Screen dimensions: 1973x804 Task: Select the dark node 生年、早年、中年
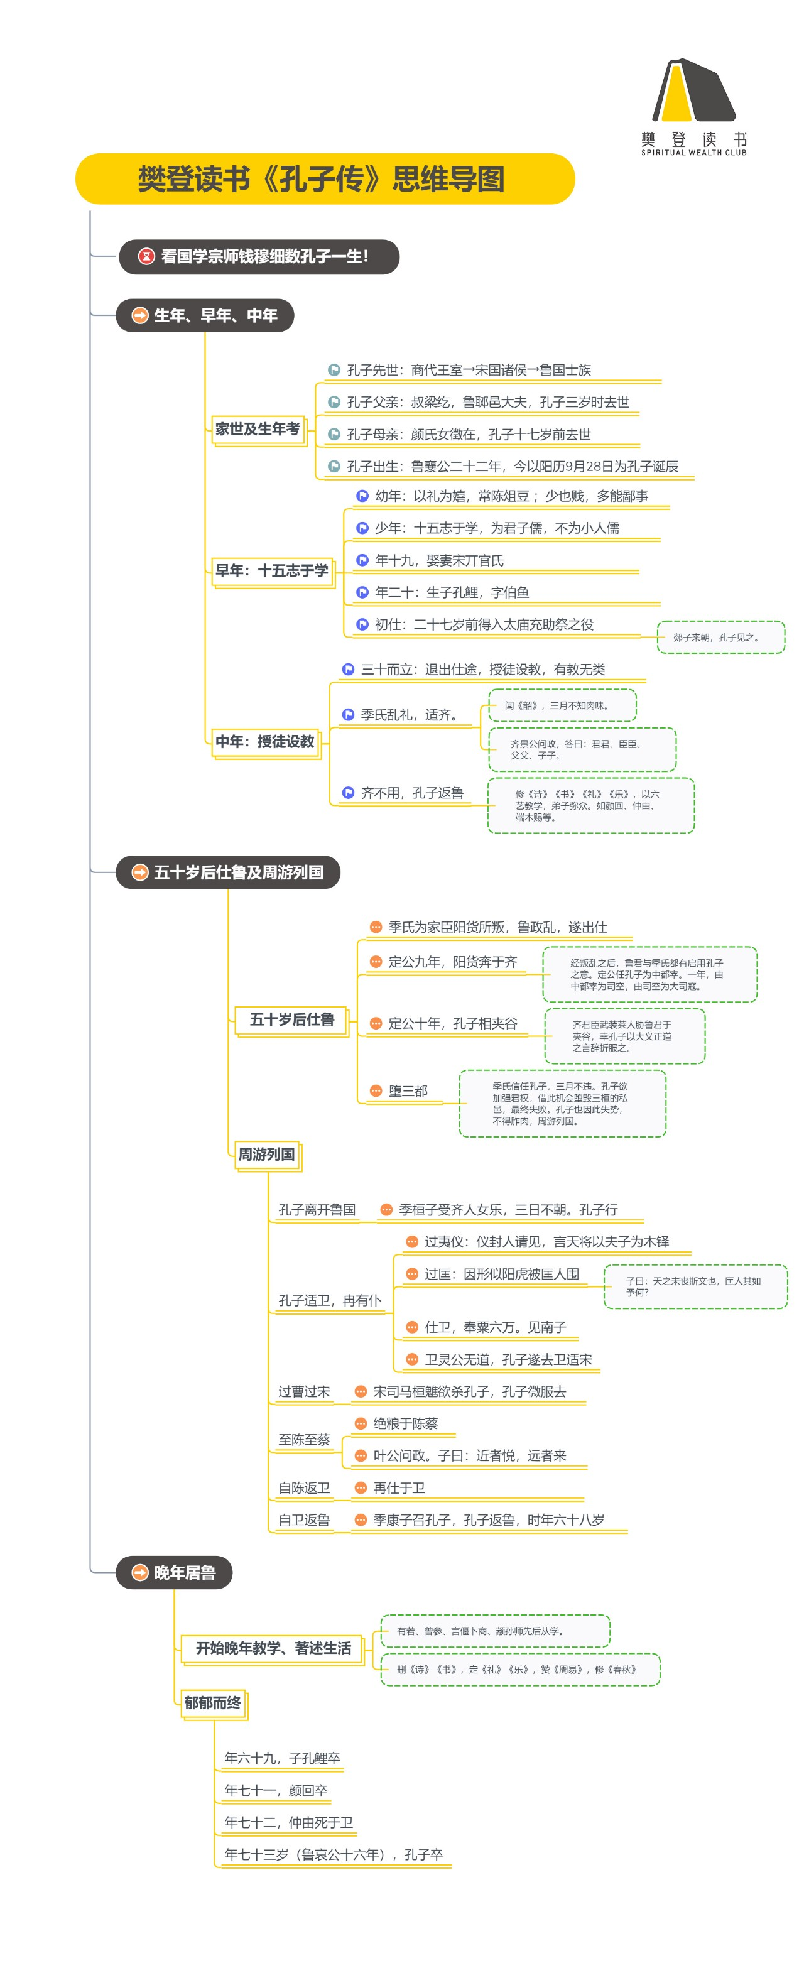point(205,315)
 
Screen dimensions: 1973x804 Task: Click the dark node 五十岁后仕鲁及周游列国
point(228,872)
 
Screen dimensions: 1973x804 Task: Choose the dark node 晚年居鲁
point(174,1572)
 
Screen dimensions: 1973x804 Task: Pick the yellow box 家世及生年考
point(258,430)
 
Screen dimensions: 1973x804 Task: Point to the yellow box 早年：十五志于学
point(272,570)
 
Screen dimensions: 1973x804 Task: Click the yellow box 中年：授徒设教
point(265,741)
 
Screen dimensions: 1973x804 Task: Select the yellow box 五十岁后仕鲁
point(291,1019)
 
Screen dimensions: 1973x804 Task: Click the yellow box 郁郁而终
point(213,1703)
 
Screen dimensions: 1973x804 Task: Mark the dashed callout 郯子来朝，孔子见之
point(720,637)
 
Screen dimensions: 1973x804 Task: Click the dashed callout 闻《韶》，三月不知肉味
point(562,705)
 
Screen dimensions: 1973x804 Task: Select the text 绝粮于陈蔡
point(405,1424)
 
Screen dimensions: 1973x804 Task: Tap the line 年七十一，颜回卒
point(276,1790)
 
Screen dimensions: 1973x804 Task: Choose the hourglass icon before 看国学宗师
point(146,256)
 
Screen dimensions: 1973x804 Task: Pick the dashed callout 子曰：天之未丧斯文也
point(695,1286)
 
